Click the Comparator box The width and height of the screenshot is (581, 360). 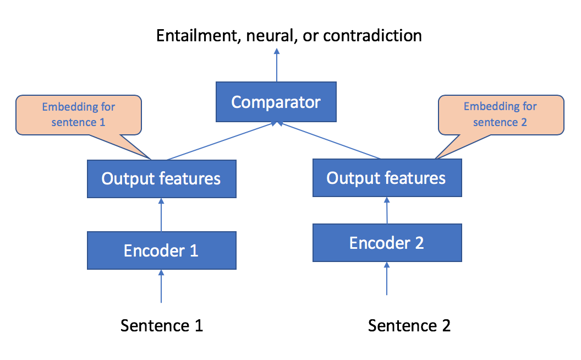pos(276,102)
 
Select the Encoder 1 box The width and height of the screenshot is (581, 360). pos(162,250)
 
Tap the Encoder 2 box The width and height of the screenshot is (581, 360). pos(387,243)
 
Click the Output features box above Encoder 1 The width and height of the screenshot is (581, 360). pos(162,179)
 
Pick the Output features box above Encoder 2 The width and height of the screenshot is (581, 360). pos(387,178)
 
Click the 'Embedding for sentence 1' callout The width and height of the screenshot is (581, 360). pos(79,115)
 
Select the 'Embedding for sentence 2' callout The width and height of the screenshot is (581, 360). pos(501,115)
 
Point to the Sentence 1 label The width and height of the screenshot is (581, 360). pos(162,325)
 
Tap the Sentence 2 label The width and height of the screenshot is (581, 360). pos(409,325)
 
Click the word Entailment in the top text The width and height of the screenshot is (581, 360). pos(199,36)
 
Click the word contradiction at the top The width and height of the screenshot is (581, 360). pos(372,36)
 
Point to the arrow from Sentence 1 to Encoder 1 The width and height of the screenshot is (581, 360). pos(161,286)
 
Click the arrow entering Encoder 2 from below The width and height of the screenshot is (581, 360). pos(387,279)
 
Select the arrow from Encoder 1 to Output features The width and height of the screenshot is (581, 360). pos(161,215)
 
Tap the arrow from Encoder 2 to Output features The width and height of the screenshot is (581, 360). pos(387,210)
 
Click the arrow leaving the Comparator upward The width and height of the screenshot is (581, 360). pos(276,65)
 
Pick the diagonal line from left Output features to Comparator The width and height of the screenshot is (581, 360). pos(222,141)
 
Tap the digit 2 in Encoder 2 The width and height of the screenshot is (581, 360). pos(419,243)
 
